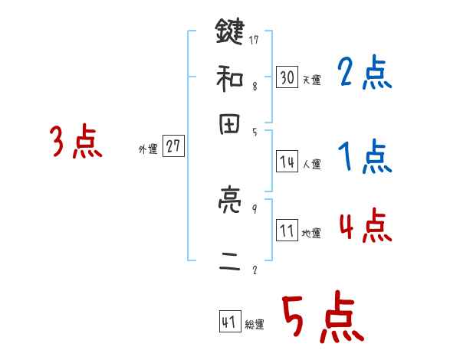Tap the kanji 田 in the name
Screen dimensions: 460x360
click(x=229, y=126)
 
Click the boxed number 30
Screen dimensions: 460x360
click(x=287, y=77)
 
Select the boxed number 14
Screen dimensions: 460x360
click(x=287, y=161)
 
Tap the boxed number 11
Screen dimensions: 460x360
click(x=287, y=231)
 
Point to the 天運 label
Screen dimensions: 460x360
click(x=310, y=80)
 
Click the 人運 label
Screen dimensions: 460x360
click(x=311, y=164)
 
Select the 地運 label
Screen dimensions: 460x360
click(x=311, y=234)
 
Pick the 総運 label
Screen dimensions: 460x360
click(x=255, y=325)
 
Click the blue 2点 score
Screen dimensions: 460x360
click(x=364, y=74)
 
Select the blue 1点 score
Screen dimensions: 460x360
click(x=364, y=157)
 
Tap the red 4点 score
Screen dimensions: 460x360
click(x=364, y=227)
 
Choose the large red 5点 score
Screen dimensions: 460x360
click(x=322, y=319)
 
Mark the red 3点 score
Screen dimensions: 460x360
click(x=77, y=142)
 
